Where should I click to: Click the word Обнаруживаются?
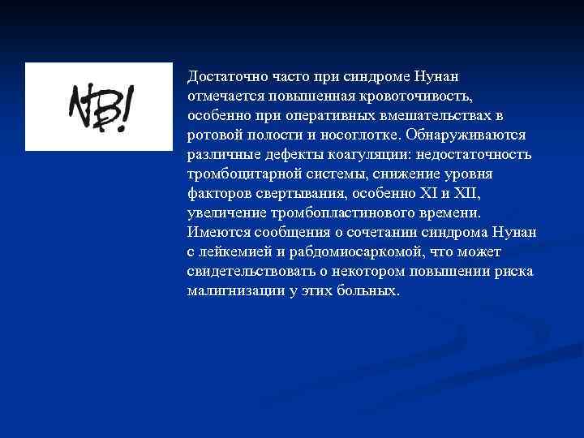[469, 135]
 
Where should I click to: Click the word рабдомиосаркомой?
[354, 251]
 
